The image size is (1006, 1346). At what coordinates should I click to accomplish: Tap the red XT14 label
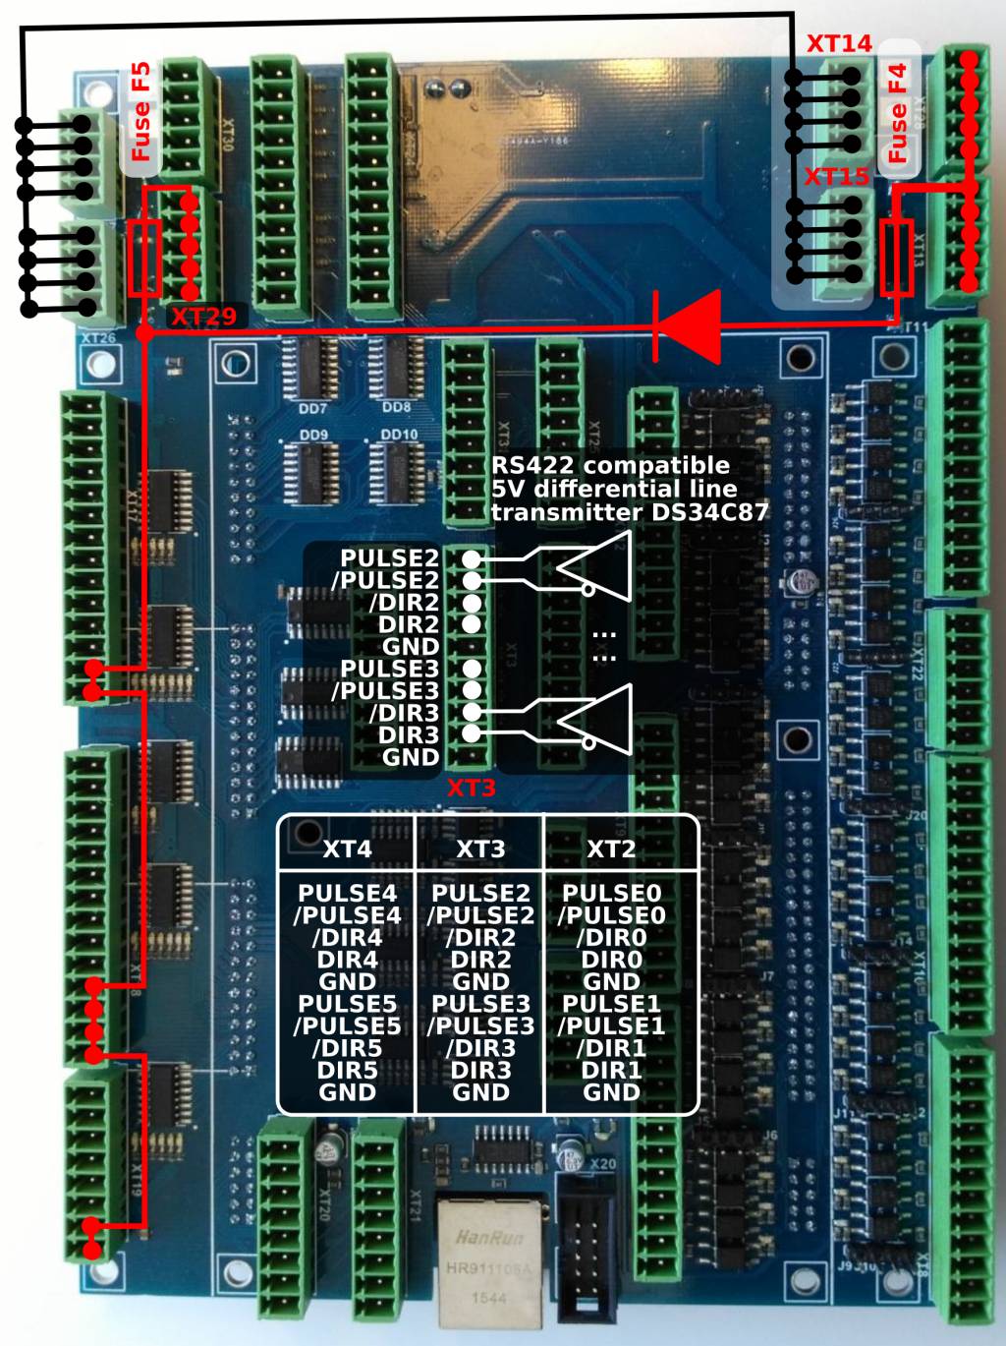pyautogui.click(x=839, y=44)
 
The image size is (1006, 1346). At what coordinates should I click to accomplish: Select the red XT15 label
pyautogui.click(x=837, y=177)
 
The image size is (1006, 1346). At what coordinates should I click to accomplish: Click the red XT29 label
pyautogui.click(x=203, y=317)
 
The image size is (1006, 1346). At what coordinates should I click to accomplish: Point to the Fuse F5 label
pyautogui.click(x=141, y=111)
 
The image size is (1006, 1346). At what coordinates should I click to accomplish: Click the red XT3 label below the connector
pyautogui.click(x=472, y=789)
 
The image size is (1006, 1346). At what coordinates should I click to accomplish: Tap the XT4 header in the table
pyautogui.click(x=347, y=849)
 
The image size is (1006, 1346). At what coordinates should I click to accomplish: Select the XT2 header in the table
pyautogui.click(x=611, y=849)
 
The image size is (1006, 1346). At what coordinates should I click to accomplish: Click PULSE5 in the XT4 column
pyautogui.click(x=347, y=1004)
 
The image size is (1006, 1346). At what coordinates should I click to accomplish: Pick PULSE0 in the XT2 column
pyautogui.click(x=611, y=893)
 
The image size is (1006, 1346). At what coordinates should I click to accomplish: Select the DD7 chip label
pyautogui.click(x=312, y=408)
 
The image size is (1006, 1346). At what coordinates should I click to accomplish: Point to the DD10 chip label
pyautogui.click(x=399, y=435)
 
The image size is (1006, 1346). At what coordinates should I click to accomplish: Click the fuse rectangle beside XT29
pyautogui.click(x=144, y=259)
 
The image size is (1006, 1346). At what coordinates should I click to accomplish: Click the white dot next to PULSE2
pyautogui.click(x=472, y=558)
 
